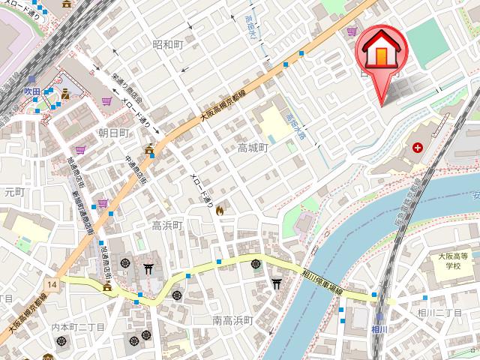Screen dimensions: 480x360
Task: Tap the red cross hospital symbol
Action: tap(417, 148)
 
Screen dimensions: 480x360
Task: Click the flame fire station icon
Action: tap(220, 211)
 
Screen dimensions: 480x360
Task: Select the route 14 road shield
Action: tap(51, 285)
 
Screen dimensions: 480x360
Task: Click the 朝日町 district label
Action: tap(114, 133)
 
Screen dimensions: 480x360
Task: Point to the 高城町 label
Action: tap(253, 148)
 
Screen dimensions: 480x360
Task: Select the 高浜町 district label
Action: tap(168, 225)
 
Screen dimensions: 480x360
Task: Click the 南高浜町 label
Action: tap(232, 321)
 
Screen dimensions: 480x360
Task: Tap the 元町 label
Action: tap(13, 193)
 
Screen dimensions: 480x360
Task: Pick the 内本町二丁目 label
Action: tap(78, 328)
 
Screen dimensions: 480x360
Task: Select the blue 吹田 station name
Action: tap(31, 90)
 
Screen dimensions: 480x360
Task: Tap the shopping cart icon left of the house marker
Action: tap(352, 31)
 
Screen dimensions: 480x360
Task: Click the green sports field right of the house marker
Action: tap(430, 38)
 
